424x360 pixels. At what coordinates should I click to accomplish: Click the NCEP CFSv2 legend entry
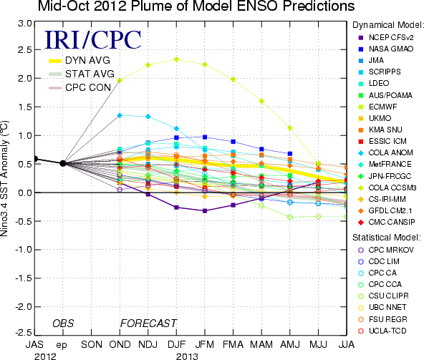386,37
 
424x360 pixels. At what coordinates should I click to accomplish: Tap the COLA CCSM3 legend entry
387,188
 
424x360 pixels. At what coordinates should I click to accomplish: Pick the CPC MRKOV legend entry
386,250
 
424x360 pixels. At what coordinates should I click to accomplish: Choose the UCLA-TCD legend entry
382,331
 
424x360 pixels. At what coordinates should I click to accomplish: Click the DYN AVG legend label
87,60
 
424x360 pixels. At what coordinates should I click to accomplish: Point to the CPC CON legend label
88,87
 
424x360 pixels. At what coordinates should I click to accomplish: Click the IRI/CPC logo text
93,40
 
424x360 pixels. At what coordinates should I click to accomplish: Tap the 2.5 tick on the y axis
24,50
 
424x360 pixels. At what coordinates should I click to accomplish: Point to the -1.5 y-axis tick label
23,278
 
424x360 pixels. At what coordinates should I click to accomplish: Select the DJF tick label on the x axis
176,344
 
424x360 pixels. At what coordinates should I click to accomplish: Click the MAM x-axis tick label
261,344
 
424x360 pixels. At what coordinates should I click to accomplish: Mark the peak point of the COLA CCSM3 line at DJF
176,59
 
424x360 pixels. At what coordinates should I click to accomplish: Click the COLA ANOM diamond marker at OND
120,115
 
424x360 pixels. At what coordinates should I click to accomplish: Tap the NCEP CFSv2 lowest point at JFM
205,211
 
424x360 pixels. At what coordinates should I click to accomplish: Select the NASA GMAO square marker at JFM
205,137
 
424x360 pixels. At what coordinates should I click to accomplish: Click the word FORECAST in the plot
148,323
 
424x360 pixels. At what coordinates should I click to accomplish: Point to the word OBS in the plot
63,323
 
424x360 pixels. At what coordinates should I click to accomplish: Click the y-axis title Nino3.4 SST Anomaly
4,178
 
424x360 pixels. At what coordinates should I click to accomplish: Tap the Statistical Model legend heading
387,238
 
